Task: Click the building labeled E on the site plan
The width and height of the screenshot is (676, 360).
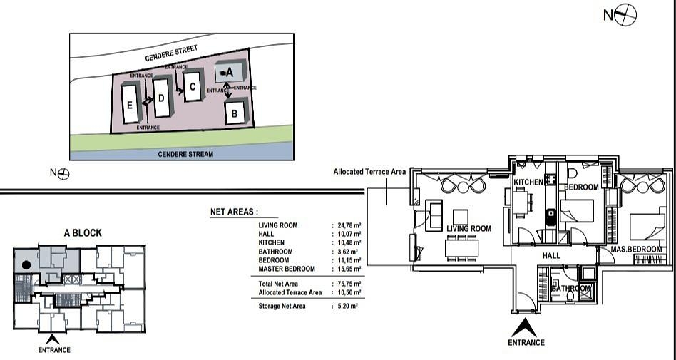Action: (x=130, y=104)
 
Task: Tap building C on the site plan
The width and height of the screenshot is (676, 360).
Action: (x=193, y=86)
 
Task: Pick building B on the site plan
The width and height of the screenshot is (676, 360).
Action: (x=236, y=112)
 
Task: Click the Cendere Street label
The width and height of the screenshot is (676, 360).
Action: (x=171, y=53)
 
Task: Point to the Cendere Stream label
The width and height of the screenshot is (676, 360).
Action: (x=185, y=154)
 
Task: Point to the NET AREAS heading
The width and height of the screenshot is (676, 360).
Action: (x=234, y=212)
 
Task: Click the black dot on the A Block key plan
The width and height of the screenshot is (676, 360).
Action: (x=26, y=264)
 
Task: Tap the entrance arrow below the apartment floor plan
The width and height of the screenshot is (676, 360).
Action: (x=524, y=328)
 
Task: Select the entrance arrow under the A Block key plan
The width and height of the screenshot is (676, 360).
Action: (x=53, y=339)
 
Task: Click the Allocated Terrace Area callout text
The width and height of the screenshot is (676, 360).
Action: (x=369, y=172)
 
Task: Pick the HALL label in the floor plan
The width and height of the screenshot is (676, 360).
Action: (x=551, y=256)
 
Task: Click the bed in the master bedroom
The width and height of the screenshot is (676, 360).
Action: (x=647, y=227)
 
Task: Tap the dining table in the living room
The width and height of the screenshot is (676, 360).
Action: (x=462, y=248)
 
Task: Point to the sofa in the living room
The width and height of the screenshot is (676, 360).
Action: (x=434, y=215)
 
